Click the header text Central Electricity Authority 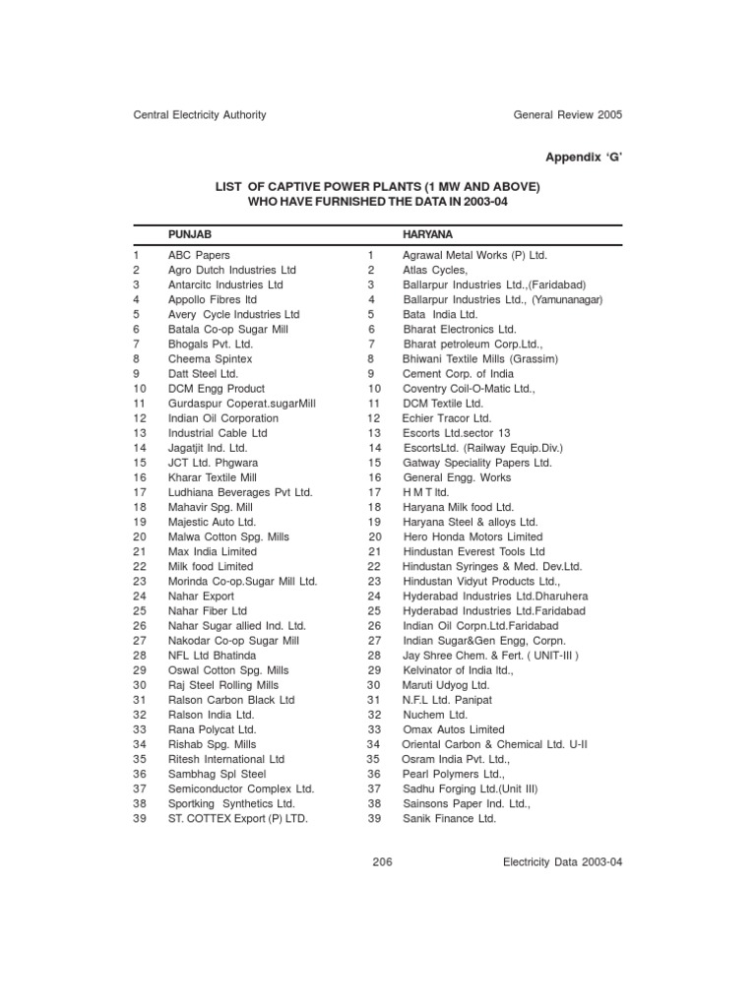click(200, 115)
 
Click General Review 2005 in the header click(568, 115)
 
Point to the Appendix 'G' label click(582, 156)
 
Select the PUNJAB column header click(190, 235)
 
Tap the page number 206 click(383, 861)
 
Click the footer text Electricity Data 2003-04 click(562, 861)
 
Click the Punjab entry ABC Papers click(199, 255)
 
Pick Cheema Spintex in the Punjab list click(210, 359)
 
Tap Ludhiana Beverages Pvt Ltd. click(240, 492)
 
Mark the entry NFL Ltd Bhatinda click(212, 655)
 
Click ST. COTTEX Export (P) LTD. click(238, 818)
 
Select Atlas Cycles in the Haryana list click(435, 270)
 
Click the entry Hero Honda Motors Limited click(472, 537)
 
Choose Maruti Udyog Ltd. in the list click(446, 685)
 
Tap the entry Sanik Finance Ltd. click(450, 818)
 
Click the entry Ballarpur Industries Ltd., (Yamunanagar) click(502, 299)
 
